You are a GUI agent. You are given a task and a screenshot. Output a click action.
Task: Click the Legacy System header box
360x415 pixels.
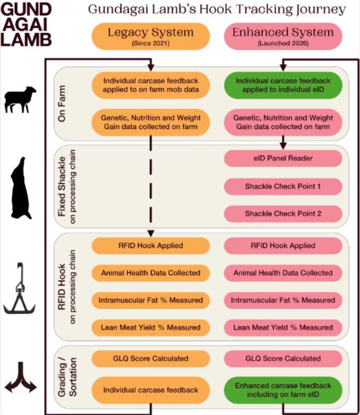tap(150, 36)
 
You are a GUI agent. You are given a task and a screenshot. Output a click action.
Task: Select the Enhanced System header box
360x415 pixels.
tap(283, 36)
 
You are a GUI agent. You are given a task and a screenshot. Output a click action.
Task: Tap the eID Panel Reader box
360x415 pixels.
tap(283, 158)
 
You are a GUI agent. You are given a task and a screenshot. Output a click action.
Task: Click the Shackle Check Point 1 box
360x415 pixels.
tap(283, 186)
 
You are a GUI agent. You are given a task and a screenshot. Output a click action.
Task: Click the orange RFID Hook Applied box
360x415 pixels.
tap(150, 246)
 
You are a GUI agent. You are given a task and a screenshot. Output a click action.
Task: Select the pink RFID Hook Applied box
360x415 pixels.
tap(283, 246)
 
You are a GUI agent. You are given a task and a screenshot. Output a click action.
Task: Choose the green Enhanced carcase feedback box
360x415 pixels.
tap(283, 390)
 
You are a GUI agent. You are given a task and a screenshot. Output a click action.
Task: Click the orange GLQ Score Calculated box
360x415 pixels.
tap(150, 359)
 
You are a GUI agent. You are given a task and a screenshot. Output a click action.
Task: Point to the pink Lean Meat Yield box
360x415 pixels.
tap(283, 327)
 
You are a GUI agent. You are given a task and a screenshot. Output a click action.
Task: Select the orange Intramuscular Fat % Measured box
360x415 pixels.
tap(150, 300)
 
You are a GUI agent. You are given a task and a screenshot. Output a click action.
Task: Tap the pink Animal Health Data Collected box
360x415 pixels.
tap(283, 272)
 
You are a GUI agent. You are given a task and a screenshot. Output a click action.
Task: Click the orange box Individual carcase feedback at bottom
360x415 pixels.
tap(150, 390)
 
